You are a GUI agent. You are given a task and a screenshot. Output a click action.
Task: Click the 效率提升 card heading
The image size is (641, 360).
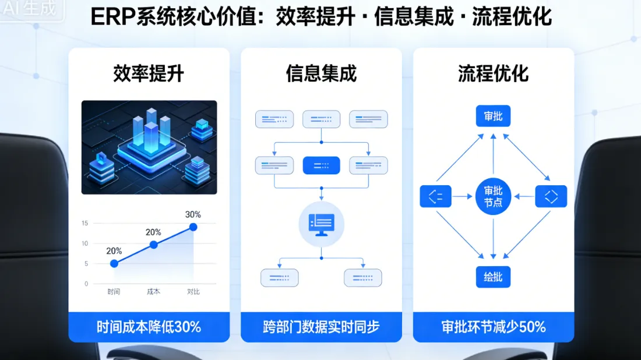[x=149, y=74]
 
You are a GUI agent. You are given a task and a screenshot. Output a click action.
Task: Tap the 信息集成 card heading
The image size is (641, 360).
[x=321, y=74]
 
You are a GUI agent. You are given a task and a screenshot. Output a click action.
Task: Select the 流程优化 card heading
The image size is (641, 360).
[x=493, y=74]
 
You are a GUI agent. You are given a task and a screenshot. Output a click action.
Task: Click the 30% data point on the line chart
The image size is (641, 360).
[x=193, y=227]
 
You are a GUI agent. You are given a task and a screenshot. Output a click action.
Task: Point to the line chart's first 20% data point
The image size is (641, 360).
[x=114, y=263]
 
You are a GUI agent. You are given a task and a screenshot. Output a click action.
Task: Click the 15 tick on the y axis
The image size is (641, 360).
[x=85, y=223]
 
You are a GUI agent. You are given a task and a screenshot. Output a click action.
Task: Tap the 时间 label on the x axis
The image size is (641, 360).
[x=114, y=292]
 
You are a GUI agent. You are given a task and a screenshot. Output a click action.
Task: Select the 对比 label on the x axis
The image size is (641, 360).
[x=193, y=292]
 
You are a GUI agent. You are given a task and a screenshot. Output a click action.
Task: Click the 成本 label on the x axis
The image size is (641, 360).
[x=154, y=292]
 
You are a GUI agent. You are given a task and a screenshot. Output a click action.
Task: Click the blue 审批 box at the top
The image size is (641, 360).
[x=493, y=116]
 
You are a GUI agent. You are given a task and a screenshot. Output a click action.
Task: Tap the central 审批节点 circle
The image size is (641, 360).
[x=493, y=196]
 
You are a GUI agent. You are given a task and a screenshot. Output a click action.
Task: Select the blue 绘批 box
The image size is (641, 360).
[x=493, y=277]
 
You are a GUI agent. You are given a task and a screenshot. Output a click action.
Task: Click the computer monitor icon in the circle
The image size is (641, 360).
[x=321, y=224]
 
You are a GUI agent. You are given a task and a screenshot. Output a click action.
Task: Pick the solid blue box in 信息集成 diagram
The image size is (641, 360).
[x=321, y=165]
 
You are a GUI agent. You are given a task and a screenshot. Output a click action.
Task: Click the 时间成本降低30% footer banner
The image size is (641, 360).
[x=149, y=327]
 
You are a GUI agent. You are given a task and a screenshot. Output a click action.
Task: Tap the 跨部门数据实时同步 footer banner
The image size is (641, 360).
[x=321, y=327]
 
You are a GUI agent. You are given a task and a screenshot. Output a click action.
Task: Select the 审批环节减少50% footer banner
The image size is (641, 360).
[x=493, y=327]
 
